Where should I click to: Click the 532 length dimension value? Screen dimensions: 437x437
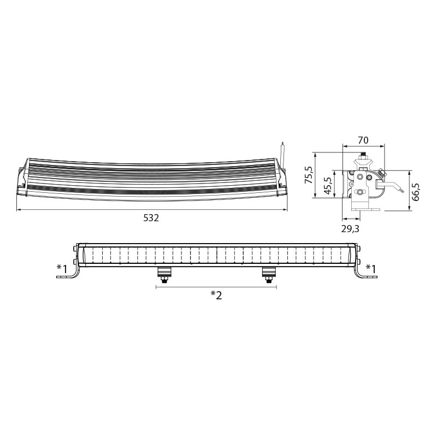pos(151,217)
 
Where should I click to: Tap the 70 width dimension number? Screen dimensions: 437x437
pos(363,140)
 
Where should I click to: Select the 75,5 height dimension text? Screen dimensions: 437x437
pos(309,174)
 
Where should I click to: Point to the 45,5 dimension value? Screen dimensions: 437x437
pos(328,186)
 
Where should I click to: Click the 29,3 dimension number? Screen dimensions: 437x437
pos(350,229)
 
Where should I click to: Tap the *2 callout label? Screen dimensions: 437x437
pos(216,295)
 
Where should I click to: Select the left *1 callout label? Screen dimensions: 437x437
pos(62,269)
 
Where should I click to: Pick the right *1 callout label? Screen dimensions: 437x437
pos(371,269)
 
